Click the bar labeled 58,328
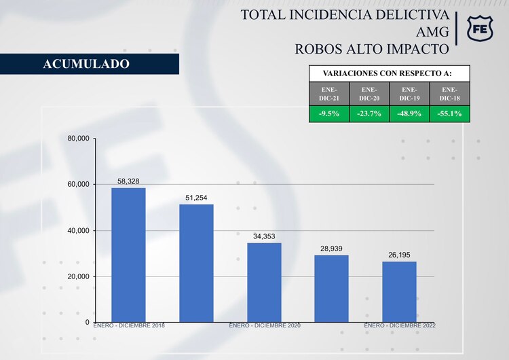point(128,255)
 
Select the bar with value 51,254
point(196,263)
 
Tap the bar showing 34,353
point(264,282)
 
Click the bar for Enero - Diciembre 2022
point(399,291)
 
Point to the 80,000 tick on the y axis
point(78,139)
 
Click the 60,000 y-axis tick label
point(78,185)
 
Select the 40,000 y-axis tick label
point(78,231)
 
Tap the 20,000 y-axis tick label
point(78,276)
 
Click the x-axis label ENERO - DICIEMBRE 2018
point(128,326)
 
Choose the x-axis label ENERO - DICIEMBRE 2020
point(264,326)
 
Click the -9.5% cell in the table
point(329,113)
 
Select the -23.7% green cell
point(369,113)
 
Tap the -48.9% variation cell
point(409,113)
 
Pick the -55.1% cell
point(449,113)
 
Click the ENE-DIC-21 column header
point(329,94)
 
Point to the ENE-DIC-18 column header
point(449,94)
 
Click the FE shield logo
point(482,29)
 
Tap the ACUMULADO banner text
point(86,64)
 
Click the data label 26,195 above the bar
point(399,255)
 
